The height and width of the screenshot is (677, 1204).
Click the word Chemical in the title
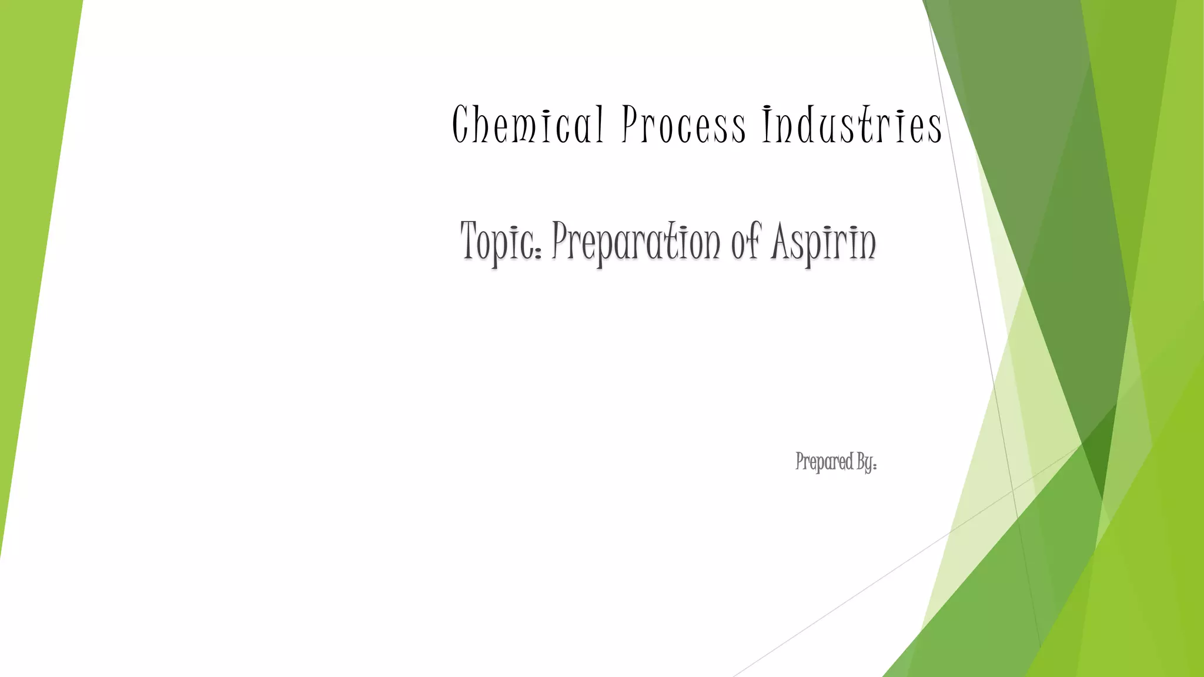click(x=527, y=125)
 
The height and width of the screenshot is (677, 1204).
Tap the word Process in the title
click(x=684, y=125)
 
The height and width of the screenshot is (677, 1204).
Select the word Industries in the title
click(x=852, y=125)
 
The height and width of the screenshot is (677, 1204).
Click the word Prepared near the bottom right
click(x=824, y=462)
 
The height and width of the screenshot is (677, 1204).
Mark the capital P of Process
click(x=630, y=125)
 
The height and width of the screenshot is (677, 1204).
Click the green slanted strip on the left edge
click(x=35, y=235)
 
